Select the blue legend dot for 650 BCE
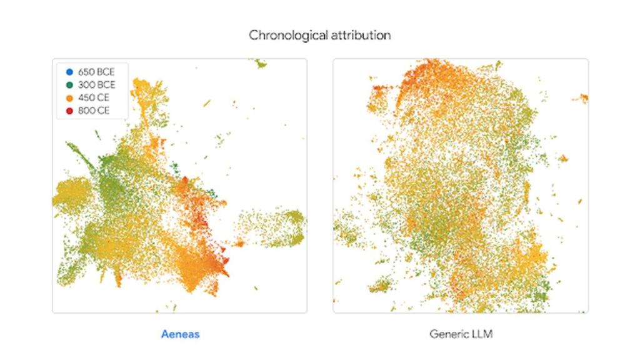click(69, 72)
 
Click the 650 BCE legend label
click(96, 72)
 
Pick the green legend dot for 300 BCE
click(69, 85)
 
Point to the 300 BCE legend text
click(96, 85)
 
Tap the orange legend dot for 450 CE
click(69, 98)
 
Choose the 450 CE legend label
click(94, 98)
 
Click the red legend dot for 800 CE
click(69, 111)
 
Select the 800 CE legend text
click(94, 111)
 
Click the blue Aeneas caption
click(180, 334)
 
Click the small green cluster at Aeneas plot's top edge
click(259, 63)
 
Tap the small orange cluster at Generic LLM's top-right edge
click(584, 97)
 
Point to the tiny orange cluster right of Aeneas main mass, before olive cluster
click(238, 243)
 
